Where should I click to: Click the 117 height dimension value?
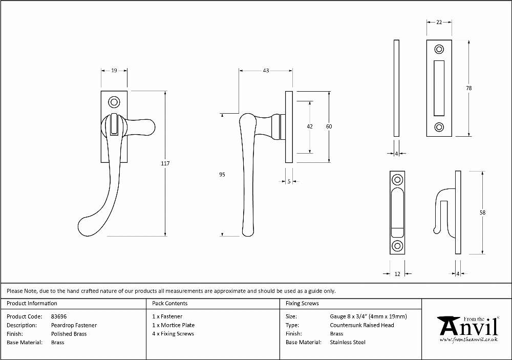(165, 163)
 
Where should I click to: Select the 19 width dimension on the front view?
(114, 70)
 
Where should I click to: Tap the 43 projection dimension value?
(266, 70)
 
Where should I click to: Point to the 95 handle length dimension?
(222, 175)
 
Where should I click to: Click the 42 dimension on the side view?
(310, 126)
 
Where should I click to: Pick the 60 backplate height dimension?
(329, 126)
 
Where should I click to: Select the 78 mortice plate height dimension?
(469, 88)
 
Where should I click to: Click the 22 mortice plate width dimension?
(439, 22)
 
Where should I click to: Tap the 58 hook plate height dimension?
(483, 213)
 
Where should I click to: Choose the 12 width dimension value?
(397, 274)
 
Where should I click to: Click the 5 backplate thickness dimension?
(289, 182)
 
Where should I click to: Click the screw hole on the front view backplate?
(114, 102)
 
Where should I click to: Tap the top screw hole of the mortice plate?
(439, 50)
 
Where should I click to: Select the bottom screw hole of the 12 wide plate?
(397, 246)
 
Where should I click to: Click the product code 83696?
(59, 316)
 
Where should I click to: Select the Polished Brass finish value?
(69, 334)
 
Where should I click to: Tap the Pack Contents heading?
(170, 304)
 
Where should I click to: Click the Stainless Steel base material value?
(348, 343)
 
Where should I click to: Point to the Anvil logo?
(469, 329)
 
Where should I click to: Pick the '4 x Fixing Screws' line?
(173, 334)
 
